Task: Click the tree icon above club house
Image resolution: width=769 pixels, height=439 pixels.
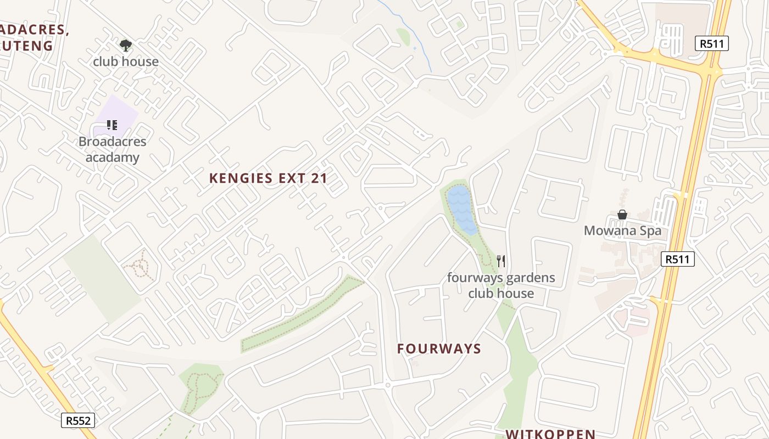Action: (x=126, y=44)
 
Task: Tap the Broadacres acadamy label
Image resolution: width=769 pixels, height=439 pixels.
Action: (x=112, y=149)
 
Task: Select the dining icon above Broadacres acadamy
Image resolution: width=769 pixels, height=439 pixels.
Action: (x=112, y=125)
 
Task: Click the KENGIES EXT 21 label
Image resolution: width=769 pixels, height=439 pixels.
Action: (x=268, y=178)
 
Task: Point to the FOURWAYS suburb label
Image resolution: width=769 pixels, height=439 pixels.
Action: (x=439, y=349)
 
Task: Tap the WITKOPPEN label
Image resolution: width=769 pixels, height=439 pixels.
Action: (x=550, y=434)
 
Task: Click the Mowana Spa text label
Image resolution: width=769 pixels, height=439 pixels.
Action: (x=622, y=230)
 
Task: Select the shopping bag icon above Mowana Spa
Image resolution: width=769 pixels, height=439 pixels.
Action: (x=622, y=215)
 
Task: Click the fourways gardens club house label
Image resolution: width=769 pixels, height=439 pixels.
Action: (x=501, y=285)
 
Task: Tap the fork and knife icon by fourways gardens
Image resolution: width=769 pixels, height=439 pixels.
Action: (x=500, y=261)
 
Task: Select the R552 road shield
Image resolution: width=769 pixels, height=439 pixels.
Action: (x=78, y=420)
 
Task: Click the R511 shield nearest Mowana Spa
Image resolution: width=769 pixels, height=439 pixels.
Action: (x=677, y=259)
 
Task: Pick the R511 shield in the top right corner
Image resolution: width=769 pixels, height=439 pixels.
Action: (x=711, y=43)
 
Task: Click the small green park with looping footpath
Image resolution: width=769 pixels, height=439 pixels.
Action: (x=200, y=387)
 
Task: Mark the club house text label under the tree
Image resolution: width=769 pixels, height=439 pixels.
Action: (x=126, y=61)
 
